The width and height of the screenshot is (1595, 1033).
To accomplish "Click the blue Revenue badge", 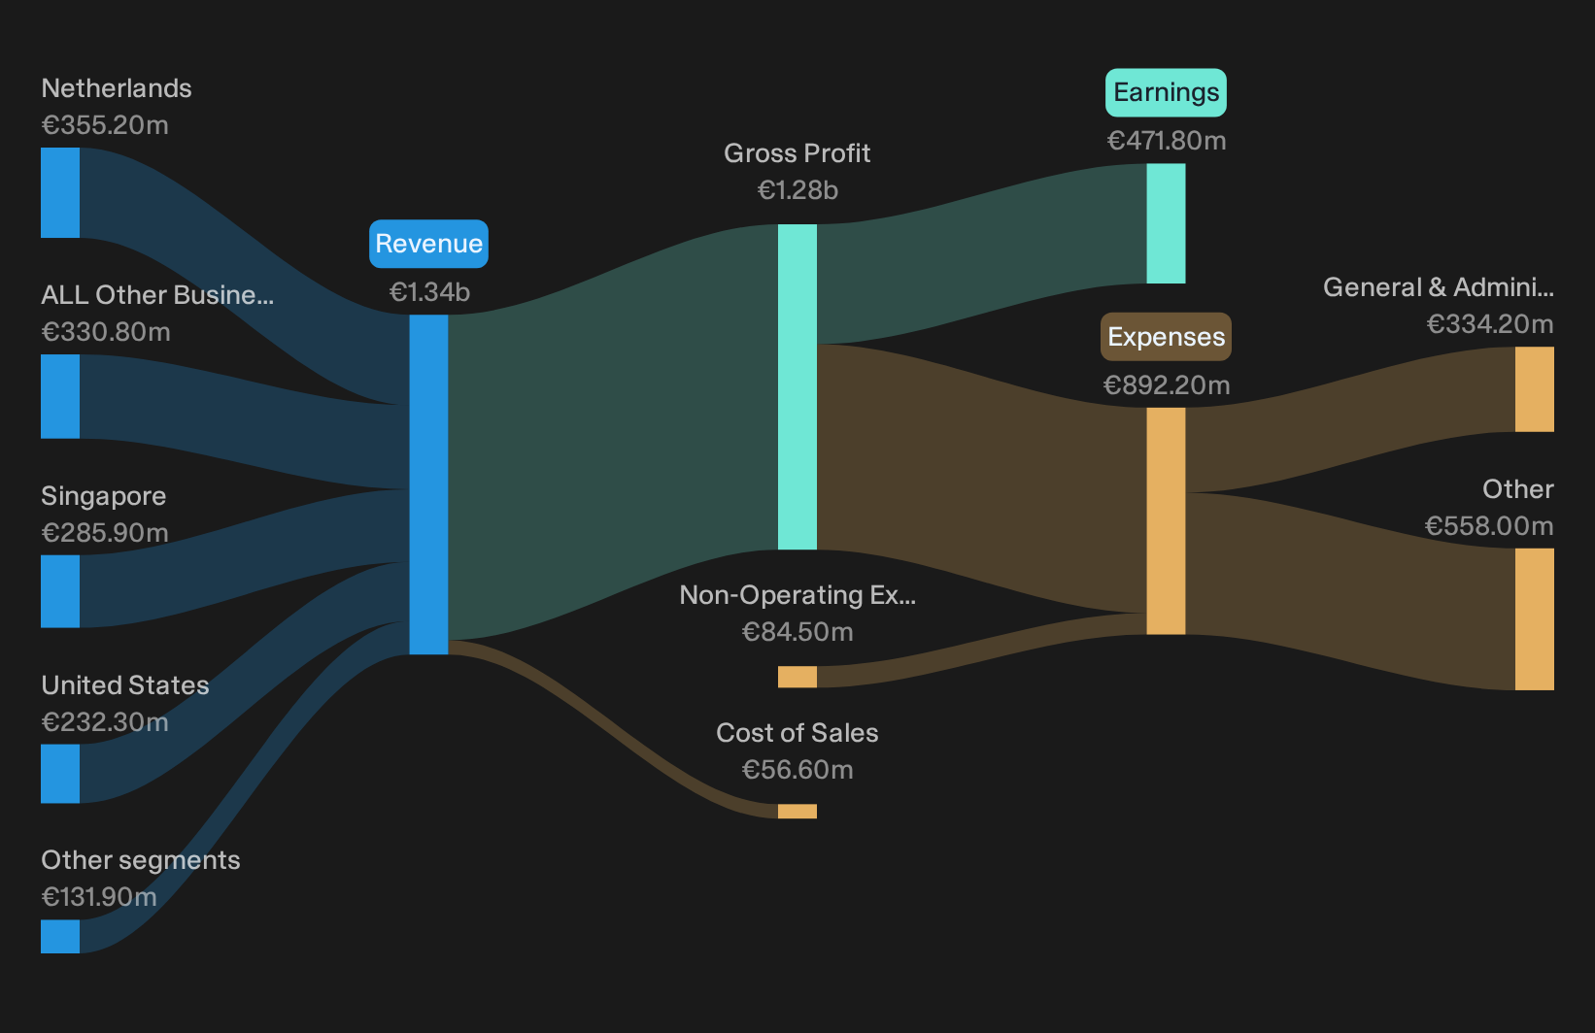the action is pos(428,244).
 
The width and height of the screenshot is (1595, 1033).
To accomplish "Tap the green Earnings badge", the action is pos(1166,92).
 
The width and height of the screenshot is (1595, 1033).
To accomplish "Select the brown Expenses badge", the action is pos(1166,337).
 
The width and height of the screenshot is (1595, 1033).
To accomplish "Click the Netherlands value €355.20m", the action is pos(105,125).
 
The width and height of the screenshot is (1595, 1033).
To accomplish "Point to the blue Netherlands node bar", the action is pos(60,193).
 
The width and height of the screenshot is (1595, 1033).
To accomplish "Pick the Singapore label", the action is pos(103,496).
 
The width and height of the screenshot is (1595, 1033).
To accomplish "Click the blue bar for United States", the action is pos(60,774).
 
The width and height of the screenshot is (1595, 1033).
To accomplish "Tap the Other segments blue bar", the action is pos(60,936).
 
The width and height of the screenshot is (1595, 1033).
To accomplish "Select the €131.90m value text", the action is pos(99,897).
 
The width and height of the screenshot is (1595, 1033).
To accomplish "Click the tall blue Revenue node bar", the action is pos(428,484).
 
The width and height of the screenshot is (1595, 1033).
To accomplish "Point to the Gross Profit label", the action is pos(797,153).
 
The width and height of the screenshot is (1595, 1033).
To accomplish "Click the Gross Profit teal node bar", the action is pos(797,387).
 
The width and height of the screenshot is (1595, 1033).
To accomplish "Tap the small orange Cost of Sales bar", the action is pos(797,812).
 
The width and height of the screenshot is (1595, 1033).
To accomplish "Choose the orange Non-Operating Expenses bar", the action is pos(797,677).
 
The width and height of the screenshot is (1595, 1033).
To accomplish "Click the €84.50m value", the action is pos(797,632).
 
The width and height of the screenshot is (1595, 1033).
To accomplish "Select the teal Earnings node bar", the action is pos(1166,223).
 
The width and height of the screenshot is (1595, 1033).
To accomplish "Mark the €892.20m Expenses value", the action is pos(1167,385).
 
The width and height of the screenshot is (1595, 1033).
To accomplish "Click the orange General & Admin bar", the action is pos(1535,389).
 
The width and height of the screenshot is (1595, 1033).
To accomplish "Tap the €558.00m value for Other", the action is pos(1489,526).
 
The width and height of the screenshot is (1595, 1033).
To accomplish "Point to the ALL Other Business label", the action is pos(157,295).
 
